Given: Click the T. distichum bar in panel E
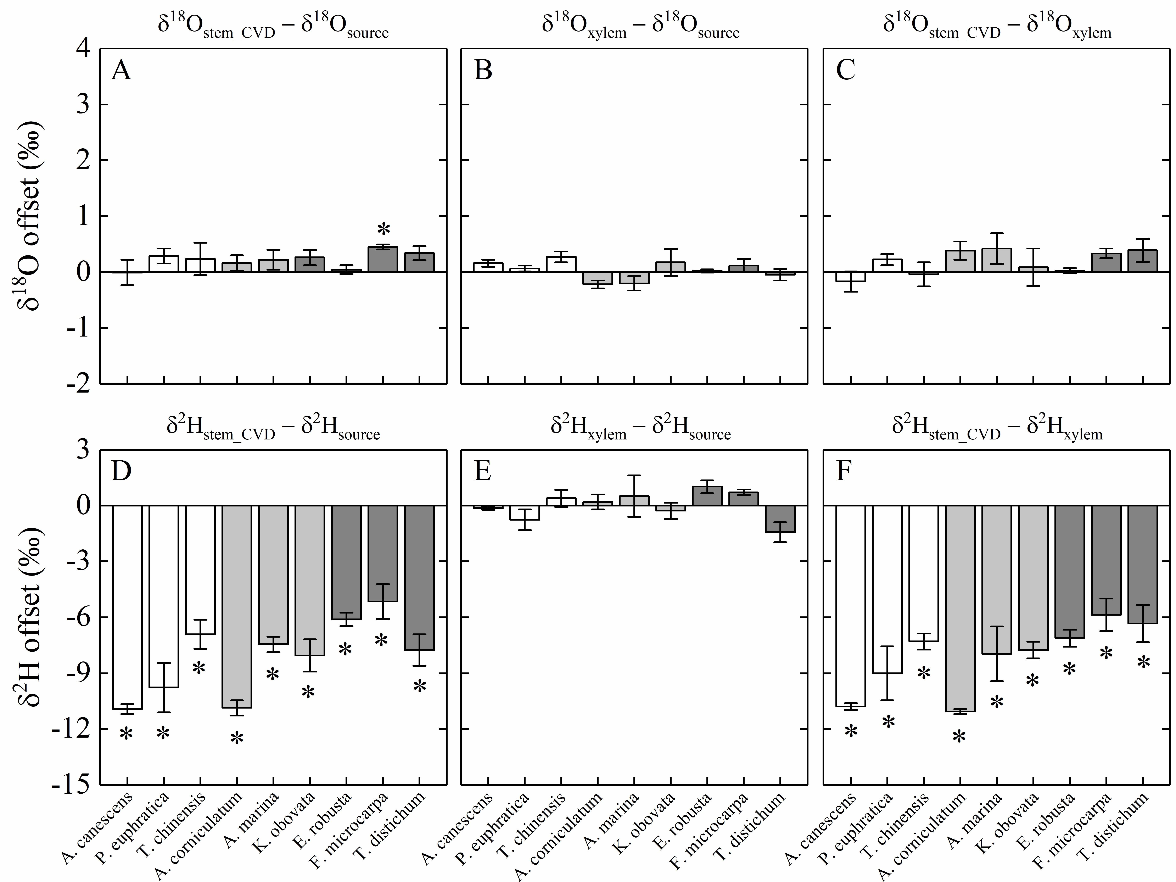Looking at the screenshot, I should click(x=780, y=519).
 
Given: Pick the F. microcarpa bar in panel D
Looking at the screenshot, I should click(x=383, y=553).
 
